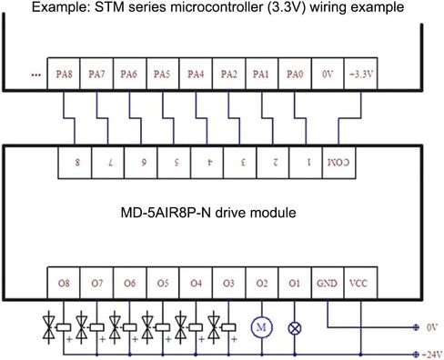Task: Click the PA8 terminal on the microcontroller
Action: [x=64, y=74]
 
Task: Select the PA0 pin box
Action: [x=295, y=74]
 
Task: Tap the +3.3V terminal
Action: [x=361, y=74]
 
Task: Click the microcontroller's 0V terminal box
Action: [x=328, y=74]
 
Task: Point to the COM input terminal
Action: [x=338, y=163]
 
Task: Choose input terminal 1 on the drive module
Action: [x=306, y=163]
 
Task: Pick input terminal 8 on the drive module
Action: [x=75, y=163]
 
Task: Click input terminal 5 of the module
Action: [x=174, y=163]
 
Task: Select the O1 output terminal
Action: [x=295, y=283]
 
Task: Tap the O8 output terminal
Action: [x=64, y=283]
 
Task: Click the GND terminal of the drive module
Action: [x=328, y=283]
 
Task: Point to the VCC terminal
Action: [x=361, y=283]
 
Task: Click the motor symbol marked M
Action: [x=261, y=327]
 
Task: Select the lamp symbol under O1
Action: [x=295, y=328]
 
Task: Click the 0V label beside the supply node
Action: [x=432, y=327]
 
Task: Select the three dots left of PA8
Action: [x=36, y=75]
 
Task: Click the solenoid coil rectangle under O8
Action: [x=64, y=327]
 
